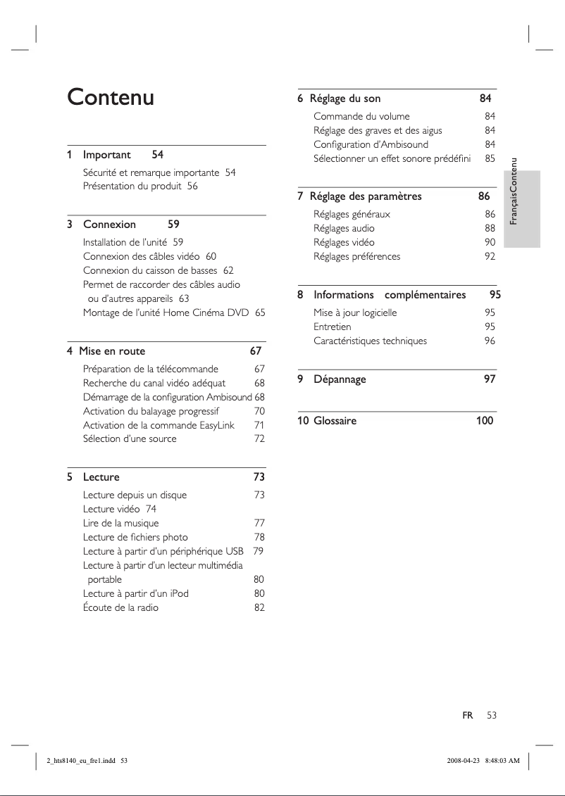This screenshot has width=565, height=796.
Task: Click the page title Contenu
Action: point(110,97)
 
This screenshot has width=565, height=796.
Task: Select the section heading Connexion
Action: point(109,225)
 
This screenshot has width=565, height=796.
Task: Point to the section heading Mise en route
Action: point(112,351)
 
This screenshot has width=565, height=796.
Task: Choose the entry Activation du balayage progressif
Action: point(151,411)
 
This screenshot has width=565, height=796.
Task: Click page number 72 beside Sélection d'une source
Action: point(259,438)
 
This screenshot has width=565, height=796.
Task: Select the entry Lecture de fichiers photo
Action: point(135,537)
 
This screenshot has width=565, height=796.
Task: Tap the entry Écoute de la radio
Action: point(120,607)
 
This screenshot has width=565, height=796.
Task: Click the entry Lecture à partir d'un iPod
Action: point(136,593)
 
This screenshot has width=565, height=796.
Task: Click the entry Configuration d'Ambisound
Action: point(371,144)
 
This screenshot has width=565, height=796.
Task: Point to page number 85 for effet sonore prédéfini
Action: point(490,158)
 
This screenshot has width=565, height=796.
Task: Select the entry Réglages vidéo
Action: point(344,242)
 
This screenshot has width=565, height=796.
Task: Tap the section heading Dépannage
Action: point(340,379)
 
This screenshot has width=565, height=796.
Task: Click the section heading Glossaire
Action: point(335,421)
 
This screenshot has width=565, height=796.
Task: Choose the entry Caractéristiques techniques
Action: point(370,341)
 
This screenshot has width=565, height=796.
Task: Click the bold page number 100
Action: point(484,421)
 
